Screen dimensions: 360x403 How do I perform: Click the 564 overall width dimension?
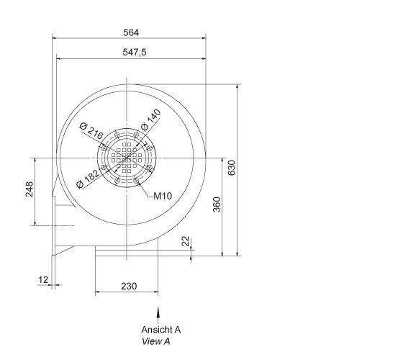pos(130,32)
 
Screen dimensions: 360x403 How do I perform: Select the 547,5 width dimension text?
pos(130,53)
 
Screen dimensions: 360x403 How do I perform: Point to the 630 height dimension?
pos(232,167)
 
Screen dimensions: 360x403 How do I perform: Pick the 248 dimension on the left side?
pos(30,190)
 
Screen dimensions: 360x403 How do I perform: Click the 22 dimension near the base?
pos(186,242)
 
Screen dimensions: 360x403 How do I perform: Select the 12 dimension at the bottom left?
pos(42,279)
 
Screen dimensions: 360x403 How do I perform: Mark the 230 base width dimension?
pos(128,287)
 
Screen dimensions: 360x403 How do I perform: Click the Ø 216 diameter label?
pos(91,131)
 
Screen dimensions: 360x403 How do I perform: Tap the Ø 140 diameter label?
pos(150,120)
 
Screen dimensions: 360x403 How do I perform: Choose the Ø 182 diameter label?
pos(88,178)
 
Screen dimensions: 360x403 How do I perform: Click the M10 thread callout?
pos(162,196)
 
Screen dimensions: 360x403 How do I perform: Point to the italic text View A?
pos(156,341)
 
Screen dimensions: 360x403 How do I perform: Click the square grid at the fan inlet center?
pos(127,158)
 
